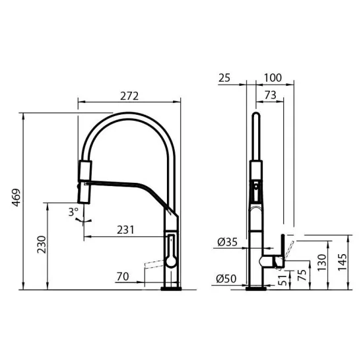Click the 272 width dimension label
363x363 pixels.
tap(129, 96)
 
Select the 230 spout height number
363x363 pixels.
tap(41, 246)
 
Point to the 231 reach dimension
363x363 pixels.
tap(125, 230)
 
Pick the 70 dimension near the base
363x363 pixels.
tap(122, 277)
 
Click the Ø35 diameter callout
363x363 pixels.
tap(226, 242)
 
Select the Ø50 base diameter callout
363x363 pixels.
tap(226, 280)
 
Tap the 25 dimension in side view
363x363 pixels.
tap(224, 77)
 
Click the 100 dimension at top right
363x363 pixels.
tap(271, 77)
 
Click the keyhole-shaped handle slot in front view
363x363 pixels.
tap(171, 249)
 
